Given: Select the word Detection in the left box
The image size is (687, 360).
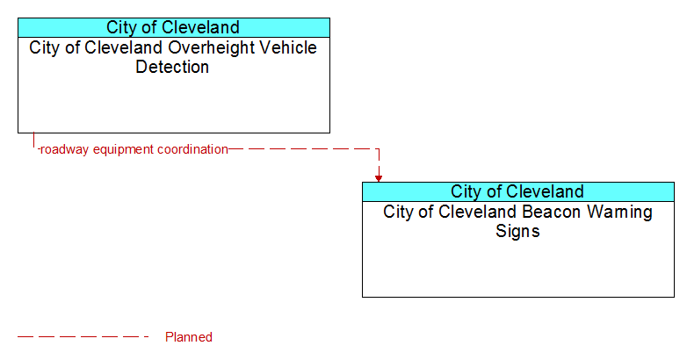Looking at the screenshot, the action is [x=172, y=67].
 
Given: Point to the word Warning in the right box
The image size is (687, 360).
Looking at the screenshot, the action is [x=619, y=212].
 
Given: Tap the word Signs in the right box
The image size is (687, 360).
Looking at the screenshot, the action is [x=517, y=231].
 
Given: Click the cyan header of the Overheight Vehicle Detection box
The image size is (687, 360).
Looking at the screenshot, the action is [x=174, y=27].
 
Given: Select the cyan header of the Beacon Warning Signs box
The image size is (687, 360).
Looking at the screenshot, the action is [x=518, y=191].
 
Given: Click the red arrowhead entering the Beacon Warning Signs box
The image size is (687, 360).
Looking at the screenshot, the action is [x=379, y=178].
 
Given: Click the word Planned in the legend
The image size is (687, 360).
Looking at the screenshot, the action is [x=188, y=337].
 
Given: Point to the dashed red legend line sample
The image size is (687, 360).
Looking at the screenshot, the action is [x=83, y=337].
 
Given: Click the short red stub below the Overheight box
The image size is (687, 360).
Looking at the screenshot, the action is [x=33, y=140].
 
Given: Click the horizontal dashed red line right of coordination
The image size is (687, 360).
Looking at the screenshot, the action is [x=304, y=149].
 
